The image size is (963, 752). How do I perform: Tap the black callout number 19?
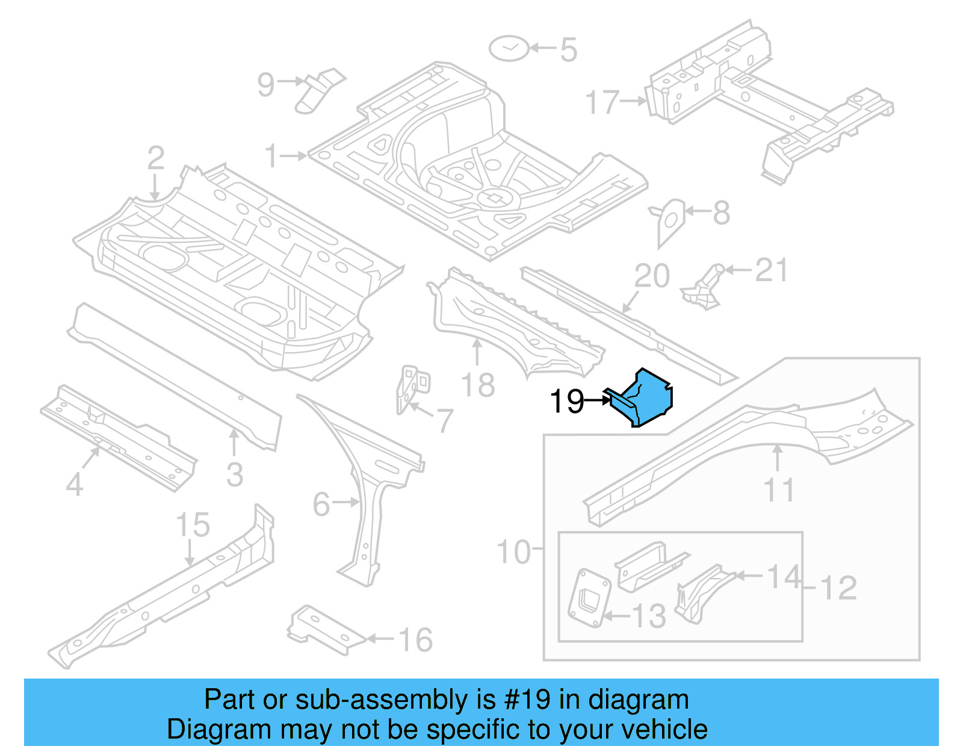tap(566, 402)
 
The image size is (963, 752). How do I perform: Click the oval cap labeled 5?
tap(509, 48)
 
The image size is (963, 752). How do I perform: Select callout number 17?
tap(602, 102)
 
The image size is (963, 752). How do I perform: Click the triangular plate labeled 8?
tap(670, 220)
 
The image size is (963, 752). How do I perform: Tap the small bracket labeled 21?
tap(704, 287)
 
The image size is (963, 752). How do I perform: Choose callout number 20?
tap(652, 276)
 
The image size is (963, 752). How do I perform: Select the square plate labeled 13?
tap(589, 598)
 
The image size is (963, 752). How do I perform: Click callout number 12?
tap(838, 588)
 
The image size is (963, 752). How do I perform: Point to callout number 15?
tap(193, 525)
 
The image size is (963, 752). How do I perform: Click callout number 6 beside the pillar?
tap(321, 504)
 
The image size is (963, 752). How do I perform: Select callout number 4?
tap(74, 484)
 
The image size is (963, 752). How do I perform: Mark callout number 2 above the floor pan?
tap(155, 158)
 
